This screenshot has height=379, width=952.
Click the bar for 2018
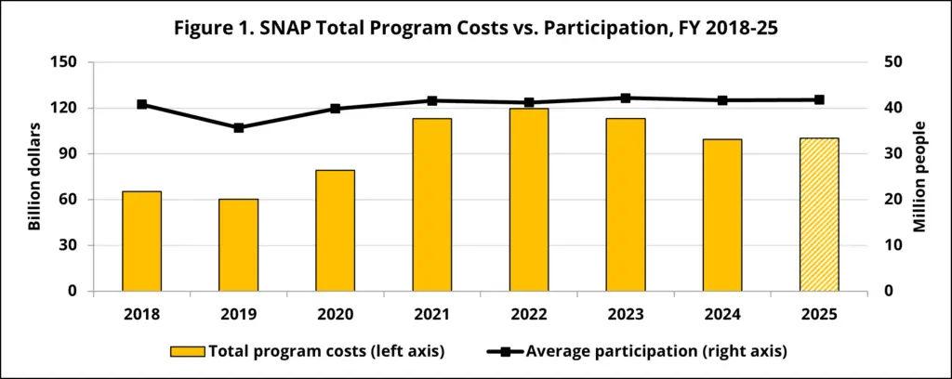coord(142,242)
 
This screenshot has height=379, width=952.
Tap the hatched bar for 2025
coord(819,215)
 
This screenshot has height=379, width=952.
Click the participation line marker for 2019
coord(239,127)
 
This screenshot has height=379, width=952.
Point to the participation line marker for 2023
coord(626,98)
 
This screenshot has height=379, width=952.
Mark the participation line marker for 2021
coord(432,100)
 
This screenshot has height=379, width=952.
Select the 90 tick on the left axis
coord(67,153)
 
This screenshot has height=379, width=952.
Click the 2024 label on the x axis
coord(722,314)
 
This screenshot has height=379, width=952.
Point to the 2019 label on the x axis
coord(239,314)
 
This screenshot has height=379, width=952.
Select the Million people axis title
coord(919,176)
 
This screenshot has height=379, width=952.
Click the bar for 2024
coord(722,215)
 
